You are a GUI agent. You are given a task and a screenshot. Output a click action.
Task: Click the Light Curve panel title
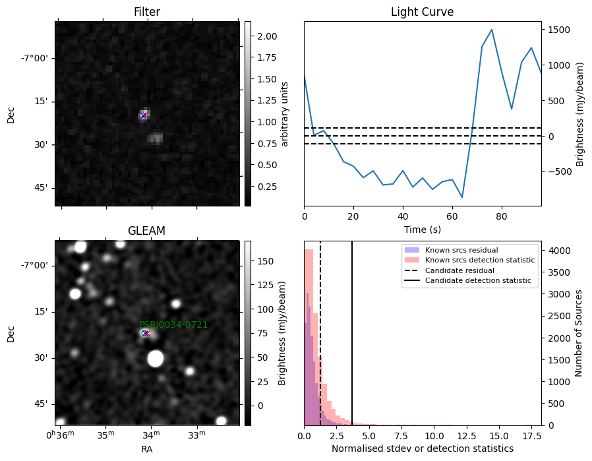click(x=422, y=12)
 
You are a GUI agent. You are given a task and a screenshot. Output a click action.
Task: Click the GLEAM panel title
click(x=146, y=231)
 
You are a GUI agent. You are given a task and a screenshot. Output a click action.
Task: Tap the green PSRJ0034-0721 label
click(x=173, y=324)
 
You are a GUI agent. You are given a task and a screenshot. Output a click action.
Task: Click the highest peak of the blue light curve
click(x=492, y=30)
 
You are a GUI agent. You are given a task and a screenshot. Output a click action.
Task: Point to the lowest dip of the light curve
click(x=462, y=197)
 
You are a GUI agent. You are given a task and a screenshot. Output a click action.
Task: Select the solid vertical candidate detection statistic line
click(x=352, y=334)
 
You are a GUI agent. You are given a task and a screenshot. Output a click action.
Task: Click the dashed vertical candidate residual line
click(x=320, y=334)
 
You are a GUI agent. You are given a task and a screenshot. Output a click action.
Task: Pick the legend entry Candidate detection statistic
click(x=468, y=280)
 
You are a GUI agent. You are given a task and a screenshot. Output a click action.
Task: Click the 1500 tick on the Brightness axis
click(x=559, y=30)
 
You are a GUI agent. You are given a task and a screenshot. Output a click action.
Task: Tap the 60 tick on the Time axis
click(x=452, y=216)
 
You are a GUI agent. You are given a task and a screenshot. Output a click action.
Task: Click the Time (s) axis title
click(x=423, y=229)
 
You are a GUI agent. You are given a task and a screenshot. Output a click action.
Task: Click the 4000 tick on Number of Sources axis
click(x=559, y=251)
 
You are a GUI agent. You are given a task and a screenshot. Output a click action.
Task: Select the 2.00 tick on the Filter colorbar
click(x=267, y=36)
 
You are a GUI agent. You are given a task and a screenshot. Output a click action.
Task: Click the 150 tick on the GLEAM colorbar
click(x=266, y=261)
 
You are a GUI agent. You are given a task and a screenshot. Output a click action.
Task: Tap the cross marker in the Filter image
click(x=144, y=115)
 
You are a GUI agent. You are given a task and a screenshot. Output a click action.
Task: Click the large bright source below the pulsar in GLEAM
click(x=155, y=358)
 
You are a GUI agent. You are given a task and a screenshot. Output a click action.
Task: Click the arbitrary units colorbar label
click(x=284, y=114)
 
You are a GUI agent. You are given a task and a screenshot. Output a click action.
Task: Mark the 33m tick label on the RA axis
click(x=196, y=435)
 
